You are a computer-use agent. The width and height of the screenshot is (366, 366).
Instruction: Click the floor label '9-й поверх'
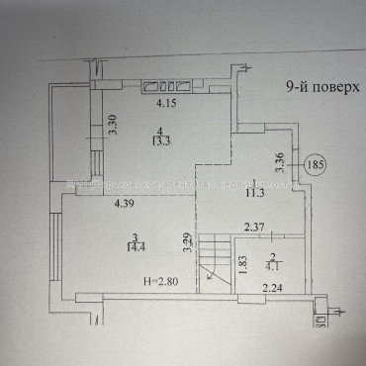tap(318, 86)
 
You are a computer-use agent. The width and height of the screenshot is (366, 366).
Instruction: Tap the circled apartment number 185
tap(316, 164)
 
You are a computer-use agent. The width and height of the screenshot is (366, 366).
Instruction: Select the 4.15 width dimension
tap(163, 101)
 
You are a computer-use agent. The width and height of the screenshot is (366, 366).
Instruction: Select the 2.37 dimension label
tap(255, 228)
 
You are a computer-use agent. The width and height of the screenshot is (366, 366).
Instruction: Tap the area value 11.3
tap(254, 193)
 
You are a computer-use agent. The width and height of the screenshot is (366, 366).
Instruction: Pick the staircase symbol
tap(214, 262)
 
